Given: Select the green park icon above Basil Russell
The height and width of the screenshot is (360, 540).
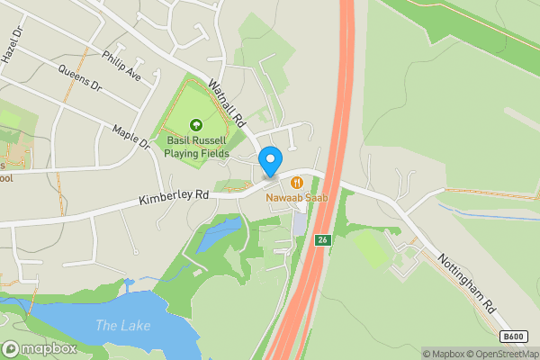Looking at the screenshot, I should (196, 126).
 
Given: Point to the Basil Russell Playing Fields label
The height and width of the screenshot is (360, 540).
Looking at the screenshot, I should (196, 147).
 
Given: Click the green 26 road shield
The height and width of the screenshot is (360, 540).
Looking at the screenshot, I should (322, 240).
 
